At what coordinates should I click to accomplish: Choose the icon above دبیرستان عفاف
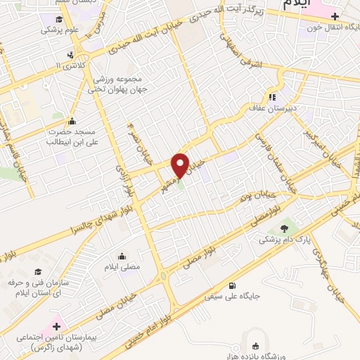pos(271,97)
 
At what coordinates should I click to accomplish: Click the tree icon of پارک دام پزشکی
pos(284,229)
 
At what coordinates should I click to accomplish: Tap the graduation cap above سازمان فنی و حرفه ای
pos(38,271)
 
